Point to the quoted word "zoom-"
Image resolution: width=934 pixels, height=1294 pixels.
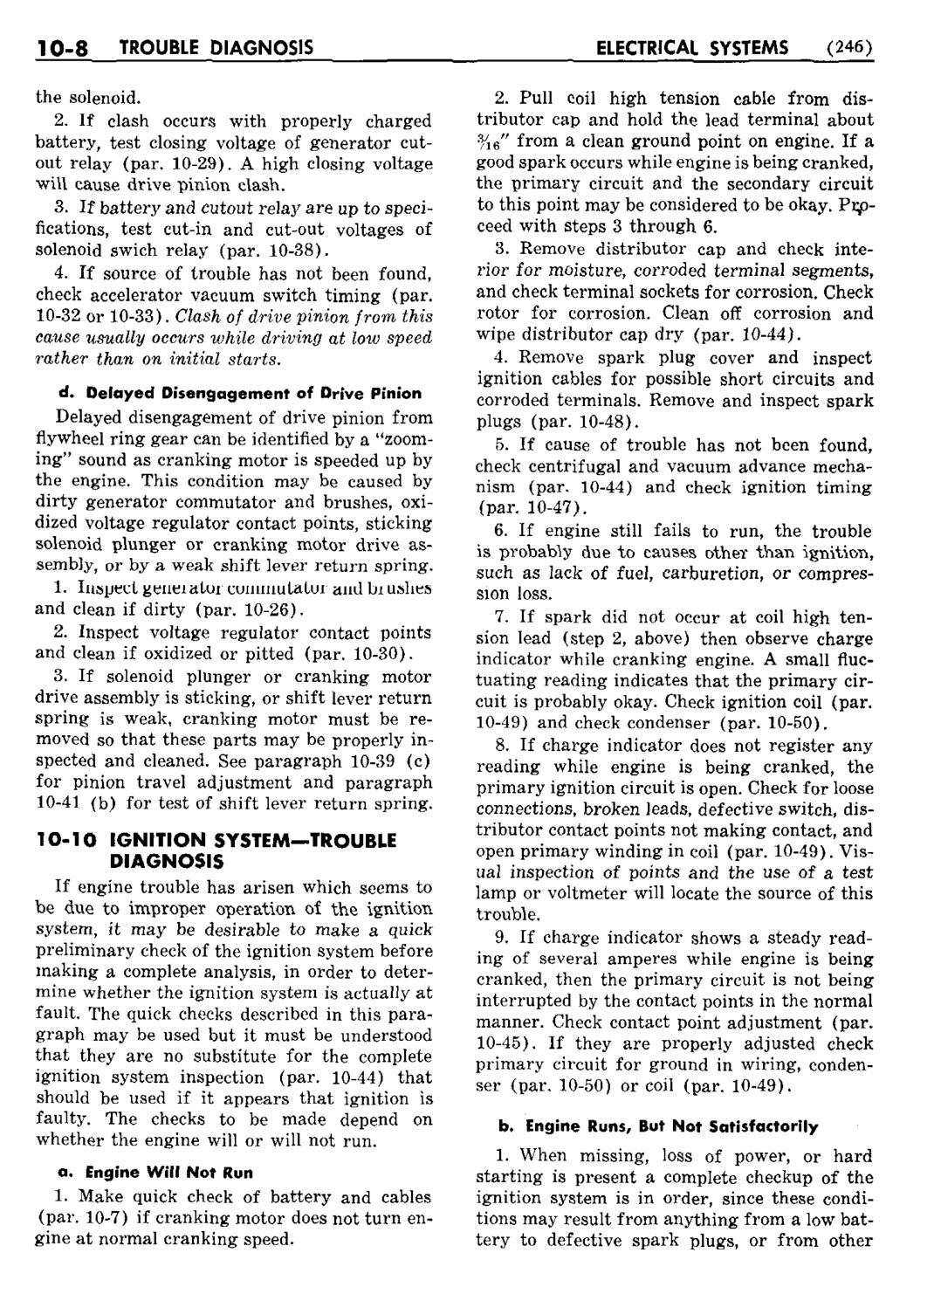point(397,438)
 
